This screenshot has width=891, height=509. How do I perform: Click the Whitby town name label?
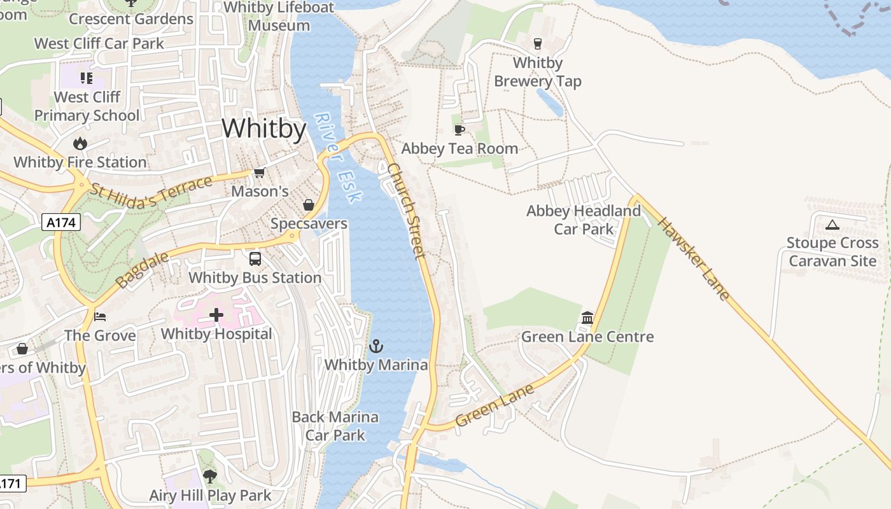264,129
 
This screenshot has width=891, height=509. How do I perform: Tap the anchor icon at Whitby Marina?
376,347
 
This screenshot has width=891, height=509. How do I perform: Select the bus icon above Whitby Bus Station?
255,259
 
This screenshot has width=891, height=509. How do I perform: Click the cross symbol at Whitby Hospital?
216,315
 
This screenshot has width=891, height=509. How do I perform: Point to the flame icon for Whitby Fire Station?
80,144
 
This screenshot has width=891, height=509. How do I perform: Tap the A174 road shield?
61,223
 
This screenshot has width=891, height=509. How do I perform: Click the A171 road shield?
11,484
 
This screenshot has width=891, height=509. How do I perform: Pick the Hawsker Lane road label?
694,258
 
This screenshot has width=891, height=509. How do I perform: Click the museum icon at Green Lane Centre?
587,317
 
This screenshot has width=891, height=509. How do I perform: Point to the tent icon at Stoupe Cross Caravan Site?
832,225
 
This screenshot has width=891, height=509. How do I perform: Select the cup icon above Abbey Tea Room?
459,130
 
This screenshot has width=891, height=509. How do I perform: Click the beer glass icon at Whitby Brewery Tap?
538,44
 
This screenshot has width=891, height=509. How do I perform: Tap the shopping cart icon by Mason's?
259,173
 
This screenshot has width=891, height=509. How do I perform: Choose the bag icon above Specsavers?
309,205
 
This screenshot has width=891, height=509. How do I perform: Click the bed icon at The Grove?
100,316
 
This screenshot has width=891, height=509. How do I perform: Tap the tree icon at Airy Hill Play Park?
209,476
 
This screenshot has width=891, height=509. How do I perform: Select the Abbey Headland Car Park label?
584,220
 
